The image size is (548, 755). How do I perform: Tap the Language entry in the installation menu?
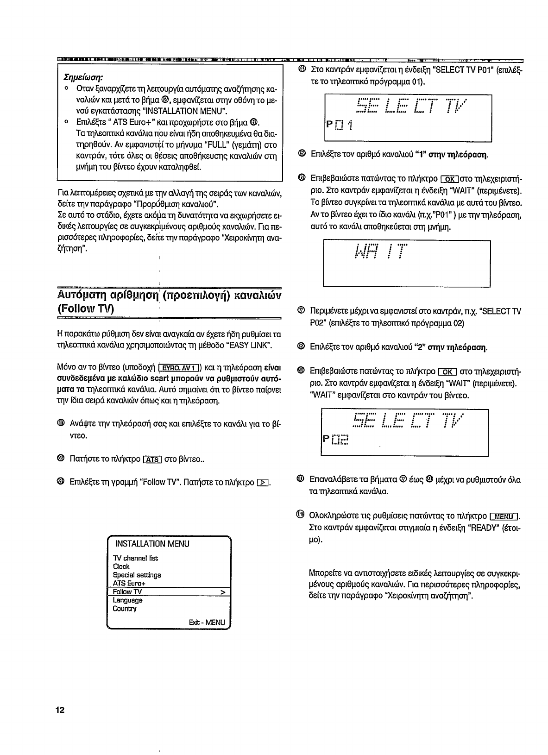[128, 600]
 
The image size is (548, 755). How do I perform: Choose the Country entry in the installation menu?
[125, 609]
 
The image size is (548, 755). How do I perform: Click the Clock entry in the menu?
[121, 566]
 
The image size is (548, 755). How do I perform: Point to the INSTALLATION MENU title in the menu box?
[152, 544]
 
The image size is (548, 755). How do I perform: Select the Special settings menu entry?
[137, 575]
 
